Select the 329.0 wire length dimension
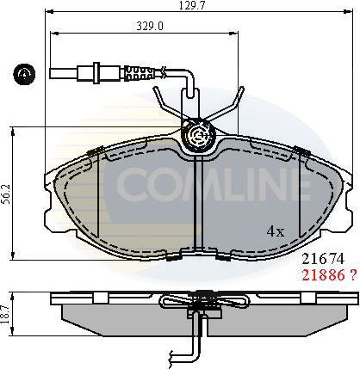[127, 27]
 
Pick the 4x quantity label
[276, 231]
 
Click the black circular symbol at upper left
[22, 74]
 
